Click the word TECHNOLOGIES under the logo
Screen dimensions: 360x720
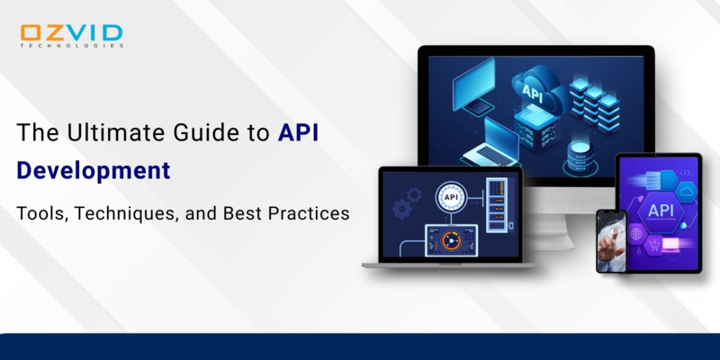pyautogui.click(x=71, y=46)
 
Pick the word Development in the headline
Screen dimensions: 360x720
pyautogui.click(x=93, y=170)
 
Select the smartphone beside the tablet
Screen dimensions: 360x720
pyautogui.click(x=610, y=240)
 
